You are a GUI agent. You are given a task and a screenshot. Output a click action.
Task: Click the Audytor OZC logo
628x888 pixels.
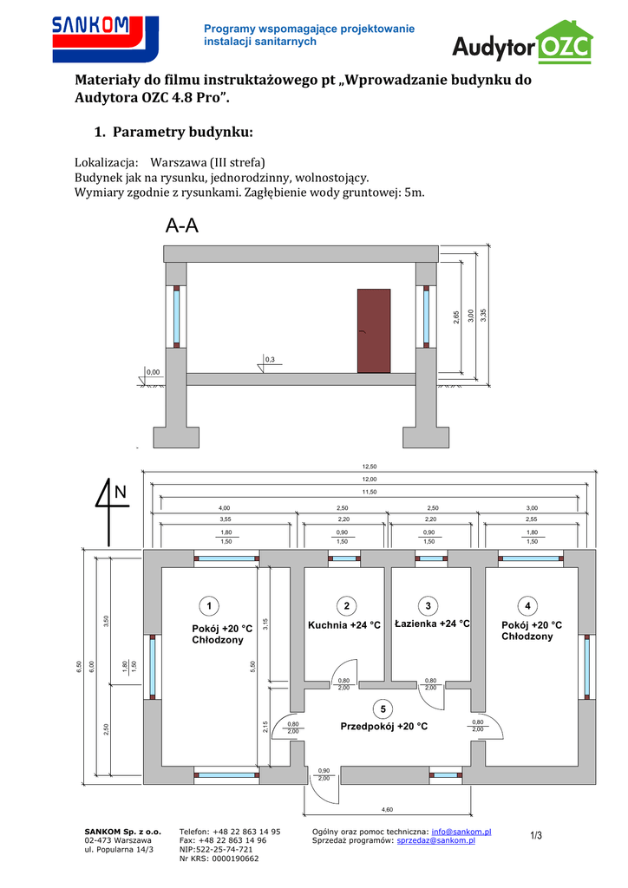[x=523, y=44]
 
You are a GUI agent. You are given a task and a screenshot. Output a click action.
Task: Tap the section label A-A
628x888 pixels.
[x=182, y=227]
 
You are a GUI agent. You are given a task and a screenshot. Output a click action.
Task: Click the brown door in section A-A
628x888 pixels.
[x=374, y=330]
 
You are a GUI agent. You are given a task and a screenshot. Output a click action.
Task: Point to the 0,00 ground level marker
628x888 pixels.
[x=153, y=372]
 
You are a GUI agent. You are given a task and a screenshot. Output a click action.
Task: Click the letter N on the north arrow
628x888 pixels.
[x=120, y=493]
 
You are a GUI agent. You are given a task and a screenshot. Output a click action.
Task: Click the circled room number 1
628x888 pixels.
[x=208, y=604]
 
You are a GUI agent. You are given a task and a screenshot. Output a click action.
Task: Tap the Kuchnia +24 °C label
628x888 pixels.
[x=344, y=625]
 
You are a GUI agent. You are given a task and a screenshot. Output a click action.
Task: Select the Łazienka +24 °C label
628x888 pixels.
[x=431, y=624]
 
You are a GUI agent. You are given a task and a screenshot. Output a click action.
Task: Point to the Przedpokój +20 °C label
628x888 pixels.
[x=383, y=727]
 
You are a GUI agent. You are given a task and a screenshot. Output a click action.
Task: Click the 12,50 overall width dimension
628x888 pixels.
[x=369, y=467]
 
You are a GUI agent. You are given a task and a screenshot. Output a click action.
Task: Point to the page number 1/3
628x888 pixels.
[x=536, y=836]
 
